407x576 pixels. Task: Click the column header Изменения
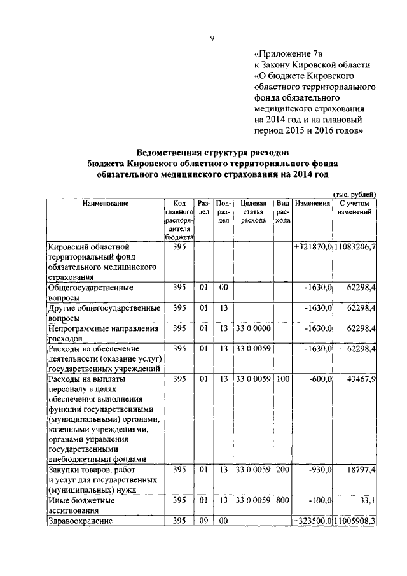[x=312, y=203]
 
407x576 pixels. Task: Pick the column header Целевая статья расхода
[x=253, y=211]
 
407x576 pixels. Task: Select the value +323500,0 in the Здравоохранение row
[x=313, y=521]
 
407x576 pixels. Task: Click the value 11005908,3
[x=355, y=521]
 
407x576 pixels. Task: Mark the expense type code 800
[x=283, y=501]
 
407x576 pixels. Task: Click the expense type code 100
[x=283, y=379]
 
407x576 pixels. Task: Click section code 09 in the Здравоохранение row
[x=203, y=521]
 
